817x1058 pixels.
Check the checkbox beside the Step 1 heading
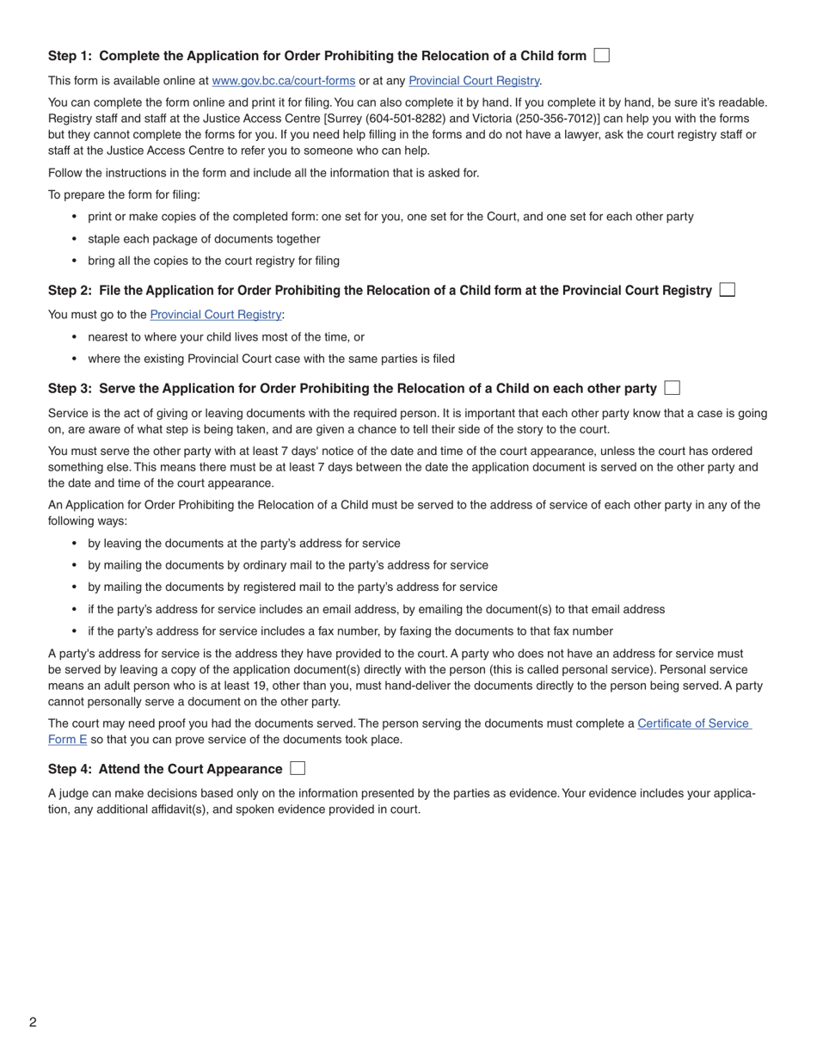tap(602, 56)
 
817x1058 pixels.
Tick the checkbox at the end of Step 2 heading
tap(727, 290)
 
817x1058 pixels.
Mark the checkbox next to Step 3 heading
tap(673, 388)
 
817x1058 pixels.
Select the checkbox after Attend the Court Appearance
tap(298, 768)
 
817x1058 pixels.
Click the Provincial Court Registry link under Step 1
tap(474, 81)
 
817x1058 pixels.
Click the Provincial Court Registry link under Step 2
tap(215, 315)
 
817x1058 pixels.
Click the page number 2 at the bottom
tap(33, 1022)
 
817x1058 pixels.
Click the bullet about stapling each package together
tap(204, 239)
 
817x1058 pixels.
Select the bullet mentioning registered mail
tap(292, 587)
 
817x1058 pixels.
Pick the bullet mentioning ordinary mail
tap(287, 565)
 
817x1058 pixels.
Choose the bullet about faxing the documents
tap(350, 631)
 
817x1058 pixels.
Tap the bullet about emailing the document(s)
tap(376, 610)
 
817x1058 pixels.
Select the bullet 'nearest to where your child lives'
tap(225, 337)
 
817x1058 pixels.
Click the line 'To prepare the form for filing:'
tap(124, 195)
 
